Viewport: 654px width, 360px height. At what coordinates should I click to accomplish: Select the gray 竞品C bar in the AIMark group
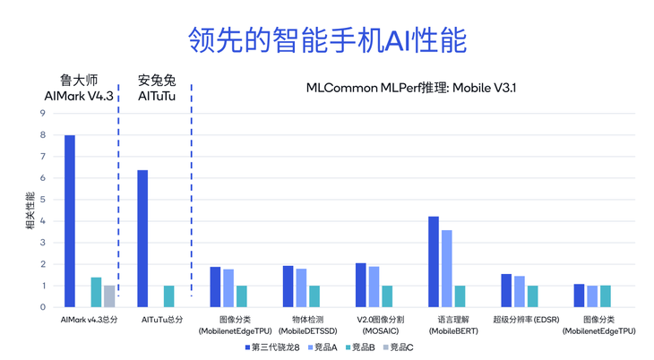[x=109, y=296]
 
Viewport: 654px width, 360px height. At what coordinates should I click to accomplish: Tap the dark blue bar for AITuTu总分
[x=142, y=238]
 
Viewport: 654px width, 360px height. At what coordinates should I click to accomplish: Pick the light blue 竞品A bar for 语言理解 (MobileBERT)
[x=447, y=269]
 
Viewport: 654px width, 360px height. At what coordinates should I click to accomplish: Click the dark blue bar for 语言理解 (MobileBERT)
[x=434, y=261]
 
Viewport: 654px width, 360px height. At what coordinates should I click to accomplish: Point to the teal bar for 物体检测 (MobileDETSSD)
[x=314, y=296]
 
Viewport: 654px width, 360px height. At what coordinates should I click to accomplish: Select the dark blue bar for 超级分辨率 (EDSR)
[x=506, y=290]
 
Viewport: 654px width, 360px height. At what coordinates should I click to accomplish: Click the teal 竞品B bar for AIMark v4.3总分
[x=96, y=292]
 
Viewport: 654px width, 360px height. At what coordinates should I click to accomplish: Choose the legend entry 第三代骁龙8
[x=272, y=347]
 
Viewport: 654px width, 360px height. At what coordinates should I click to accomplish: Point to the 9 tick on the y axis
[x=42, y=114]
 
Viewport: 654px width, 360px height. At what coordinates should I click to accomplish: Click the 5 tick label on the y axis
[x=42, y=200]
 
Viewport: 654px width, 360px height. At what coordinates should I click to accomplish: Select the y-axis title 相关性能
[x=30, y=210]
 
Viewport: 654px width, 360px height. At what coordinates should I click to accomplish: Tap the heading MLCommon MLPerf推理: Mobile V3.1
[x=411, y=88]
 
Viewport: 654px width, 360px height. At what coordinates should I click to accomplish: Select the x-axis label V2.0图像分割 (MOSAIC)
[x=381, y=325]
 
